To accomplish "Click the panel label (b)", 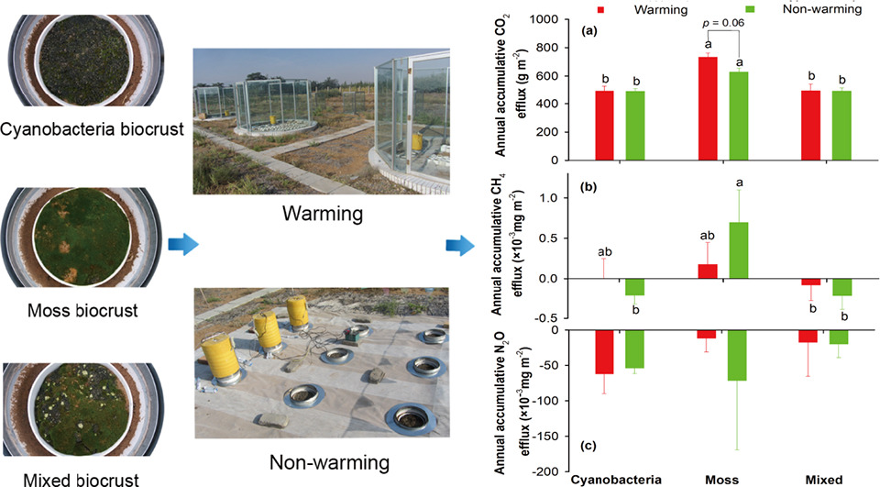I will [x=588, y=188].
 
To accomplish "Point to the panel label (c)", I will [x=588, y=447].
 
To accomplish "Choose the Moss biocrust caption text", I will [x=82, y=310].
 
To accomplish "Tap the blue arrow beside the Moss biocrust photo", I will [x=184, y=245].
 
